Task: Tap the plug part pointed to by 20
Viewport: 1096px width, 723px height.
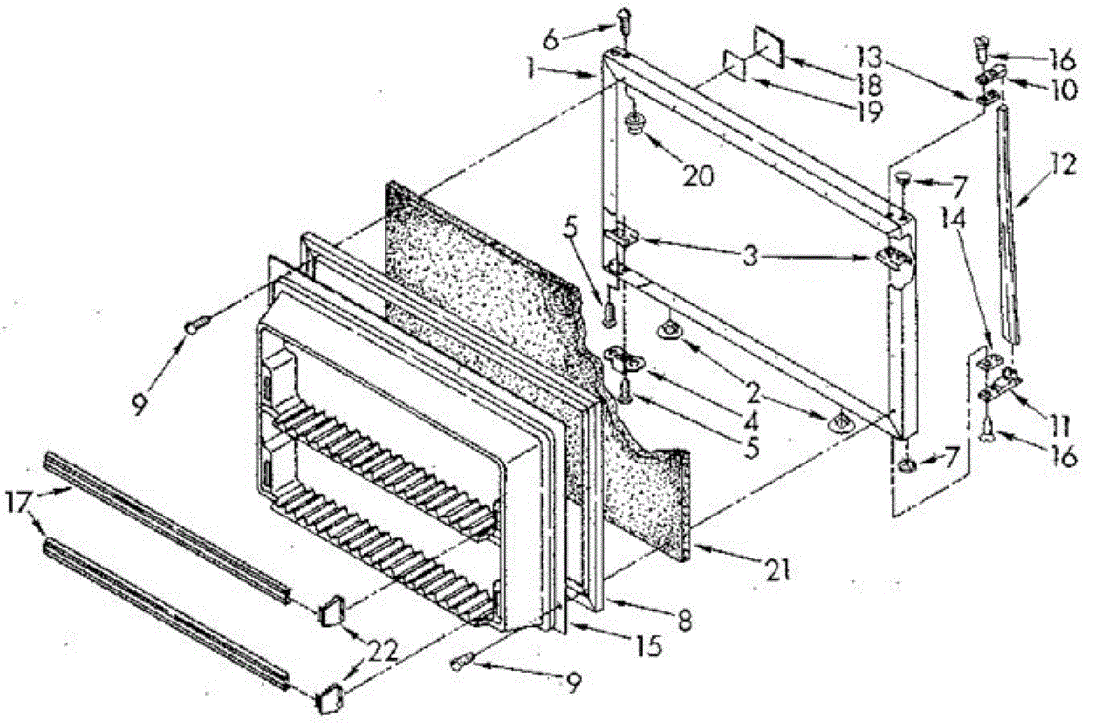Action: point(632,124)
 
